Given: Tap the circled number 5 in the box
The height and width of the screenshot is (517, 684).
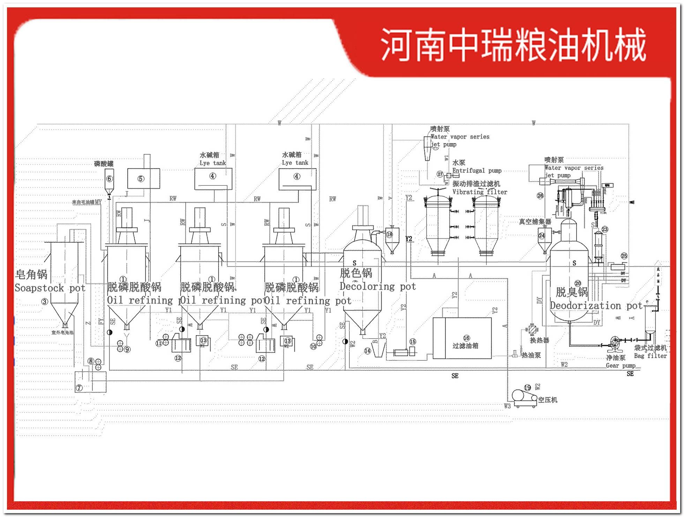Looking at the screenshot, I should pyautogui.click(x=141, y=179).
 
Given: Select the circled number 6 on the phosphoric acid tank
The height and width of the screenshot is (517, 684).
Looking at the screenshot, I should pyautogui.click(x=110, y=179).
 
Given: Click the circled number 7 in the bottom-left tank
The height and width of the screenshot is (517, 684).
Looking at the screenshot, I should pyautogui.click(x=79, y=387).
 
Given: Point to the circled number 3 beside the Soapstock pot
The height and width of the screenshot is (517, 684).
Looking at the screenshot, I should pyautogui.click(x=45, y=302).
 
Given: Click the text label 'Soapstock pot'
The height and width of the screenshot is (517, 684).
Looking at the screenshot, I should pyautogui.click(x=50, y=288).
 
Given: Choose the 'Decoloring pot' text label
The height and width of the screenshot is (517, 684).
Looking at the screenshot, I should pyautogui.click(x=378, y=287).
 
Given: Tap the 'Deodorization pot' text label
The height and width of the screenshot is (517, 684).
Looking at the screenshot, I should pyautogui.click(x=596, y=306).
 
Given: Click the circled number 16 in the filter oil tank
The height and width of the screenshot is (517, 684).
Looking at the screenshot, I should pyautogui.click(x=466, y=338).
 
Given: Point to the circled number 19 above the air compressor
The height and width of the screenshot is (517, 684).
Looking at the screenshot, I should pyautogui.click(x=527, y=387).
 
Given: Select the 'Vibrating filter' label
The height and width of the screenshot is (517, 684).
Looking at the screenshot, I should pyautogui.click(x=480, y=192).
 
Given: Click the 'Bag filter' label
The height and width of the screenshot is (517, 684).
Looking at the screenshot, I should pyautogui.click(x=650, y=356).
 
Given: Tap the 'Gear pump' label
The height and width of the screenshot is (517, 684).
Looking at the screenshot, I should pyautogui.click(x=621, y=365).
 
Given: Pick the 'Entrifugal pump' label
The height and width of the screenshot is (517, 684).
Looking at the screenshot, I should pyautogui.click(x=476, y=170).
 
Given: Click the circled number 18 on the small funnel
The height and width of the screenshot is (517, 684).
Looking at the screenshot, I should pyautogui.click(x=389, y=234).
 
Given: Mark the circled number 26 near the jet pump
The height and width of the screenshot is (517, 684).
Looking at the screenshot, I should pyautogui.click(x=540, y=195).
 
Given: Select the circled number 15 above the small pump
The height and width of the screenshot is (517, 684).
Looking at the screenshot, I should pyautogui.click(x=413, y=341).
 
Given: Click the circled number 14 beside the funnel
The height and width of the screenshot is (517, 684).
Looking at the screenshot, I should pyautogui.click(x=367, y=351).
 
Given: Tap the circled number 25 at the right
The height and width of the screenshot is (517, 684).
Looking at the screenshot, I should pyautogui.click(x=624, y=256).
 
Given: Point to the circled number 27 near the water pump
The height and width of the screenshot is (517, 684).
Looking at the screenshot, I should pyautogui.click(x=440, y=174).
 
